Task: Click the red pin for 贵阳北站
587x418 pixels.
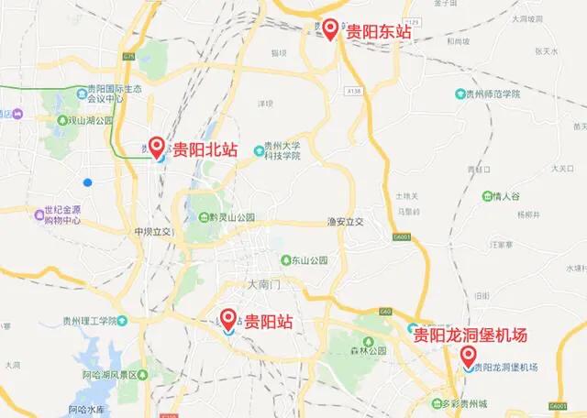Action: coord(157,146)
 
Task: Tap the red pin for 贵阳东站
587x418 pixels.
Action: coord(330,28)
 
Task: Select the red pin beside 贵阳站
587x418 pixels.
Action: coord(228,318)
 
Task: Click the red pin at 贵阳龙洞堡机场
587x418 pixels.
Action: coord(468,355)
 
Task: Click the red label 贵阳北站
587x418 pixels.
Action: coord(205,149)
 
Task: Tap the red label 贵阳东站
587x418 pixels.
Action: coord(378,32)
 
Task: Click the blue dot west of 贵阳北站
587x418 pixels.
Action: coord(87,181)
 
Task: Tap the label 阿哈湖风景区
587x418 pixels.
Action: coord(115,375)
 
